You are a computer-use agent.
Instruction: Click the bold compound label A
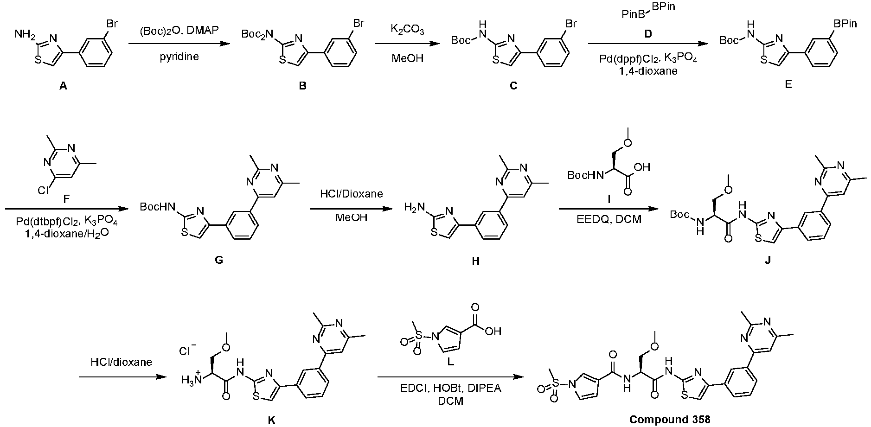pos(63,85)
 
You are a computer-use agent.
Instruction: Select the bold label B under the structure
pos(303,85)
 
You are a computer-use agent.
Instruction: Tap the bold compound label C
pos(513,85)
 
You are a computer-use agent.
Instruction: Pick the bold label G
pos(219,260)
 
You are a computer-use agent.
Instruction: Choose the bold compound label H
pos(475,261)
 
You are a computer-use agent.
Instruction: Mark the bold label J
pos(768,260)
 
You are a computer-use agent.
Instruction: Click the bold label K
pos(272,420)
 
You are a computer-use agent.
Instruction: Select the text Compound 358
pos(669,420)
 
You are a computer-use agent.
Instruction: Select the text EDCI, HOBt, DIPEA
pos(451,389)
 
